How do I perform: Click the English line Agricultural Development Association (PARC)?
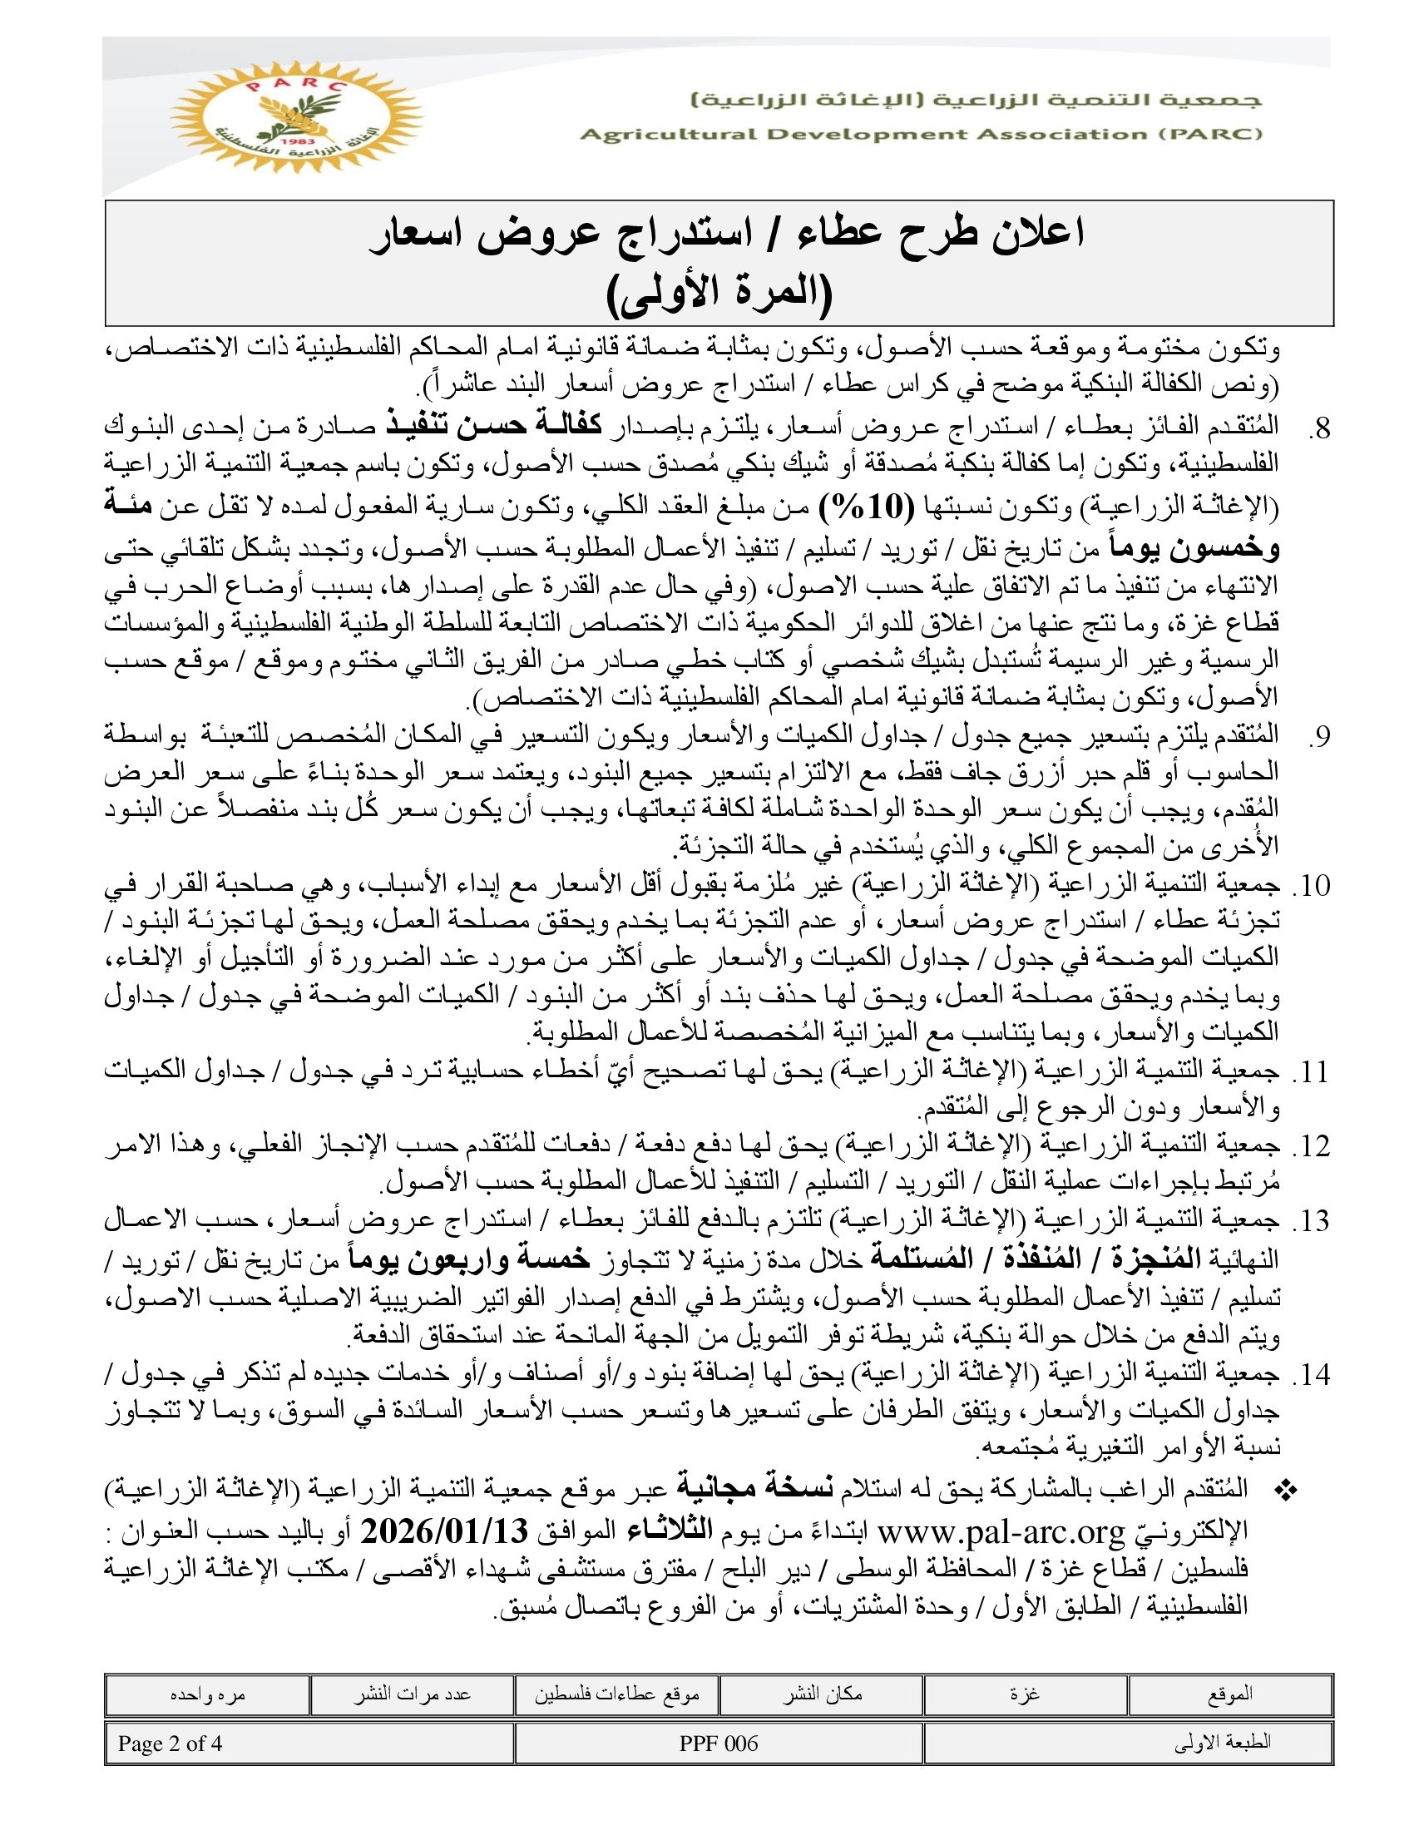pos(921,135)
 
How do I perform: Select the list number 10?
pos(1311,886)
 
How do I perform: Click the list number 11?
pos(1311,1073)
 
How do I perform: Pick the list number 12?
pos(1311,1147)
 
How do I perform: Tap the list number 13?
pos(1311,1222)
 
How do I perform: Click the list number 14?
pos(1311,1375)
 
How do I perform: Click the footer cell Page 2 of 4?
pos(170,1743)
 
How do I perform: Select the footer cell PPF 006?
pos(719,1743)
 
